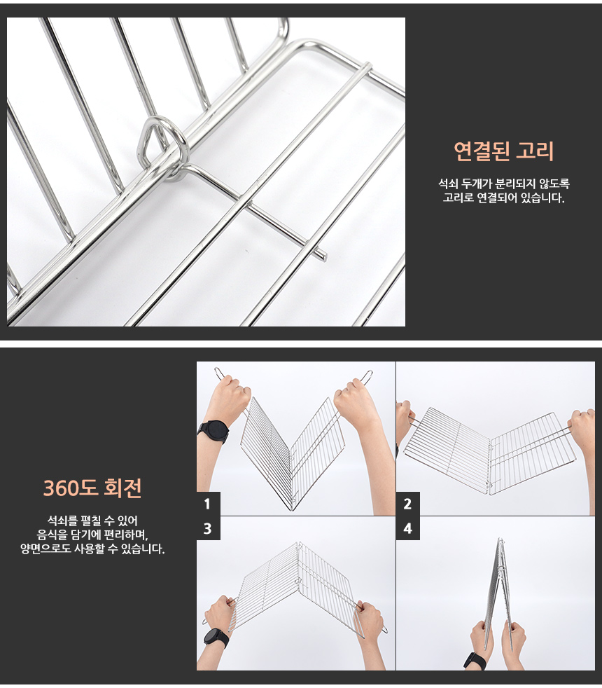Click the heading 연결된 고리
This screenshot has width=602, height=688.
click(x=504, y=151)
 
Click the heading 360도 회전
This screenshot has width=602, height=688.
click(x=92, y=488)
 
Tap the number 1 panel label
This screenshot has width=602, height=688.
click(x=207, y=504)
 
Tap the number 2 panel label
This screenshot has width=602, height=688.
click(x=408, y=504)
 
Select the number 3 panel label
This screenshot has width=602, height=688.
click(x=207, y=528)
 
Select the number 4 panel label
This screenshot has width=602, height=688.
click(x=408, y=528)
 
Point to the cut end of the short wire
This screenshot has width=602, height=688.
click(x=323, y=256)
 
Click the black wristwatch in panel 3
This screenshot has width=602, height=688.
click(x=216, y=638)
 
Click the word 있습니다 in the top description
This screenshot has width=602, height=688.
click(x=542, y=198)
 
